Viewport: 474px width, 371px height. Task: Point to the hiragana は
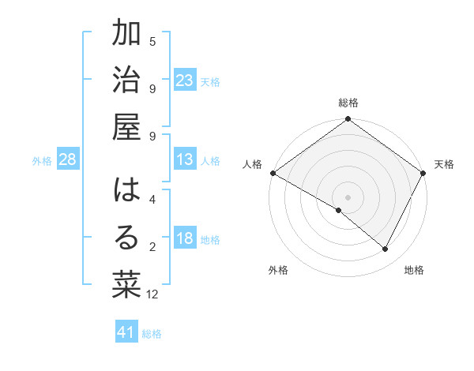click(x=126, y=191)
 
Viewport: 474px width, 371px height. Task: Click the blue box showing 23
click(x=185, y=81)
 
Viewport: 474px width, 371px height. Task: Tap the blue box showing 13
click(x=185, y=159)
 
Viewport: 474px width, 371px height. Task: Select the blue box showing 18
click(x=185, y=238)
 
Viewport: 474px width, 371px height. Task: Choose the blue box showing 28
click(x=68, y=159)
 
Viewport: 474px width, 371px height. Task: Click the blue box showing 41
click(x=126, y=332)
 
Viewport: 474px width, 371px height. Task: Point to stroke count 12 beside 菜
click(x=152, y=294)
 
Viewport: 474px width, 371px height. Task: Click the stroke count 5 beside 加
click(x=152, y=41)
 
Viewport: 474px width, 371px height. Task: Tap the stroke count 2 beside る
click(x=152, y=247)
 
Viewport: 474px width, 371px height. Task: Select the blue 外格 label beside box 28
click(x=42, y=161)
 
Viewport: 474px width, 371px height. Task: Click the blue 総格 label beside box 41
click(x=152, y=334)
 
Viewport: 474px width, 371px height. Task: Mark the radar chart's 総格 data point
click(x=348, y=120)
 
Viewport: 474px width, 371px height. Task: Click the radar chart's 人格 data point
click(x=273, y=173)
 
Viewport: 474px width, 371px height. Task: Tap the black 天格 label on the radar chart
click(x=444, y=164)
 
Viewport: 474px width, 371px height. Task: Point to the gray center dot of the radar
click(x=348, y=197)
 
